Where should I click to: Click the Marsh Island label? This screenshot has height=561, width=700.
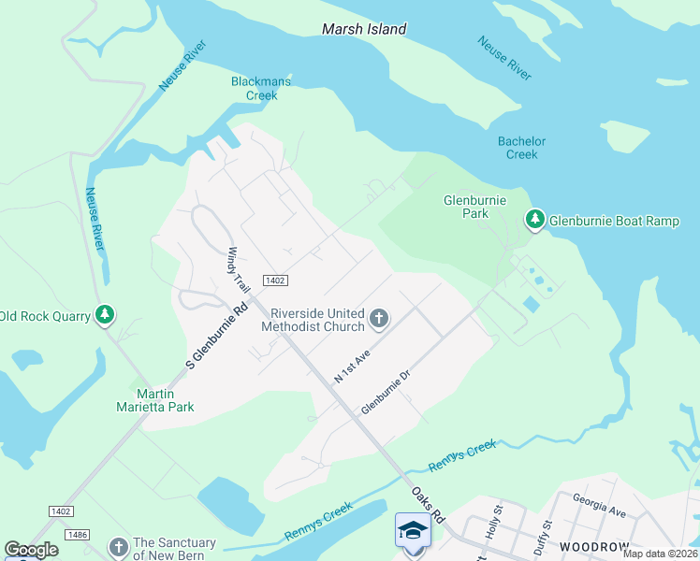coord(364,29)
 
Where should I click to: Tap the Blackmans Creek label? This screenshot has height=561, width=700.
coord(261,88)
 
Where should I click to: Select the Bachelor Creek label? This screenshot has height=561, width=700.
coord(521,148)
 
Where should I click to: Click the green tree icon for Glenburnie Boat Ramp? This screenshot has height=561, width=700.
coord(534,220)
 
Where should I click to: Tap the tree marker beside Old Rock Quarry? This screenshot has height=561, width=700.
coord(106,316)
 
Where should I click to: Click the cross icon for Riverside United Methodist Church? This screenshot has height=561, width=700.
coord(379,319)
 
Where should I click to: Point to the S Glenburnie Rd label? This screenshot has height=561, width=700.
coord(217,334)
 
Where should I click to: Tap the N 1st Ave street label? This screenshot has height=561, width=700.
coord(353,367)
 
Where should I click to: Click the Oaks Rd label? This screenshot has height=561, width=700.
coord(426,504)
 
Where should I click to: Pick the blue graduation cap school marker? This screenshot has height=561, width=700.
coord(412,530)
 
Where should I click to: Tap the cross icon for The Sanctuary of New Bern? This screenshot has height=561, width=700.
coord(118,548)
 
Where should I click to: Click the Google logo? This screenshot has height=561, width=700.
coord(31,550)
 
